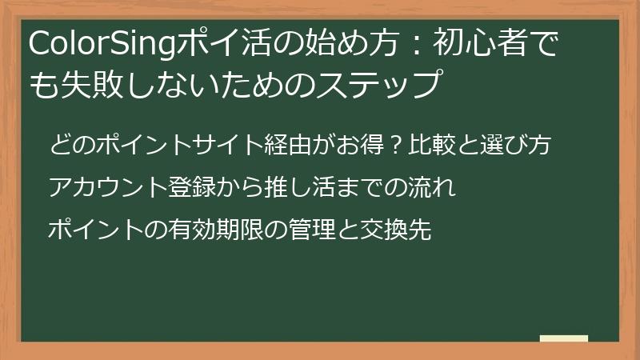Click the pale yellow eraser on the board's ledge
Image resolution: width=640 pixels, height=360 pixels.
tap(564, 338)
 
